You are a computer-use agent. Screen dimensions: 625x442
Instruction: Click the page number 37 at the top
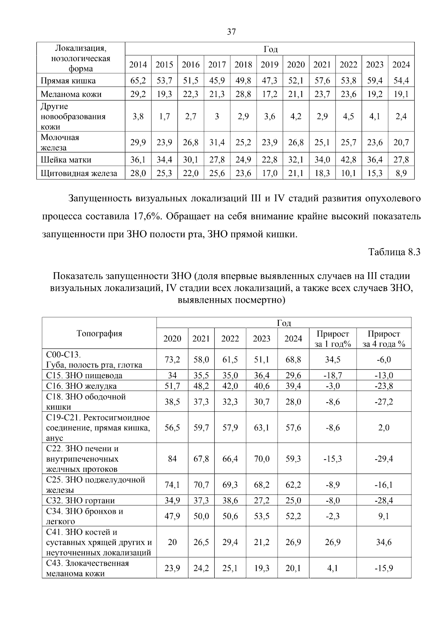[x=231, y=32]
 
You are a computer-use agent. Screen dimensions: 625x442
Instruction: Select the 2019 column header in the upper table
[x=270, y=65]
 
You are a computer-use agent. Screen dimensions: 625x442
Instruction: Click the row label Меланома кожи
[x=71, y=94]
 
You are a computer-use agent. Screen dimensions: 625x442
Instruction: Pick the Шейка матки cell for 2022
[x=348, y=160]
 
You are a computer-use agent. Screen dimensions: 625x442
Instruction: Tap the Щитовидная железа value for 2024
[x=401, y=173]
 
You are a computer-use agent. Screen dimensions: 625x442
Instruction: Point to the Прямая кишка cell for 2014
[x=138, y=81]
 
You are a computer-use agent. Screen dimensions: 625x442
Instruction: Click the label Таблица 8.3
[x=394, y=252]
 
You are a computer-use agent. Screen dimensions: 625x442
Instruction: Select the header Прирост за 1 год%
[x=333, y=339]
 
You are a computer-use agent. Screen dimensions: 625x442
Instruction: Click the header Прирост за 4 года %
[x=384, y=339]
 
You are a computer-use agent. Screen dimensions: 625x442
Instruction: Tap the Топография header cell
[x=99, y=333]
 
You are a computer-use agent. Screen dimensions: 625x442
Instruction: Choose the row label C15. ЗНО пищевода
[x=84, y=376]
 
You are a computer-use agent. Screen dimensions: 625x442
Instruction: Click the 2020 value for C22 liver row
[x=172, y=459]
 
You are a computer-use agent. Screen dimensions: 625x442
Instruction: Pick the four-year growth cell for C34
[x=384, y=516]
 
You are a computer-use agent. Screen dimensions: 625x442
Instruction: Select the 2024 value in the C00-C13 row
[x=293, y=359]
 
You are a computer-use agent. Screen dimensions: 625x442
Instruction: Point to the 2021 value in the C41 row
[x=201, y=542]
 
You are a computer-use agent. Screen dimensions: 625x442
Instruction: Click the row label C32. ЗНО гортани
[x=81, y=501]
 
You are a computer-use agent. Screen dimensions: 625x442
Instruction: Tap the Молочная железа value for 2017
[x=217, y=143]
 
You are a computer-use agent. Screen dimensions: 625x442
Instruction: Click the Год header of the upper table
[x=270, y=49]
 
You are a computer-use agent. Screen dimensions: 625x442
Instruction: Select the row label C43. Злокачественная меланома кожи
[x=88, y=568]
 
